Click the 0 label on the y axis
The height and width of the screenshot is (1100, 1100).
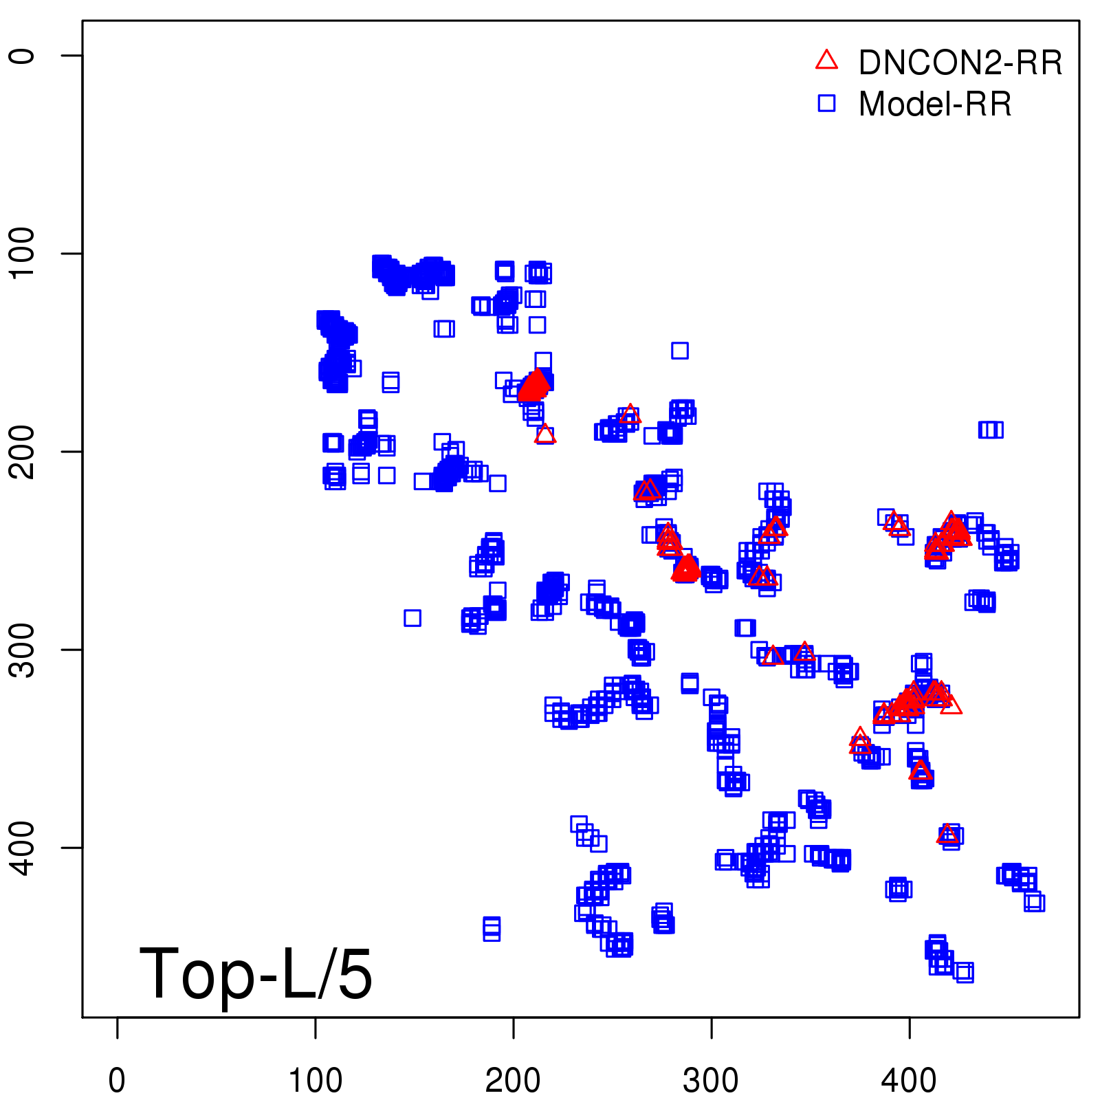(22, 56)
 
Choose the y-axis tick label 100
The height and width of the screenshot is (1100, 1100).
(22, 253)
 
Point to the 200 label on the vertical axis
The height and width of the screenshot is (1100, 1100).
(22, 451)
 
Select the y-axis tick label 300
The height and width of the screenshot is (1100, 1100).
(22, 649)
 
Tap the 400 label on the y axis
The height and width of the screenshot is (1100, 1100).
(22, 847)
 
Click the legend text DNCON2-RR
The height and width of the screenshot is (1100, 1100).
(960, 63)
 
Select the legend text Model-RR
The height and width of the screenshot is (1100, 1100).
(935, 104)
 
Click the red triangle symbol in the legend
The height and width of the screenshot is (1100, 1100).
(826, 60)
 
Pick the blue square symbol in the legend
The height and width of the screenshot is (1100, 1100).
(826, 103)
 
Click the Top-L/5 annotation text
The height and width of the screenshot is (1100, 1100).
(256, 973)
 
